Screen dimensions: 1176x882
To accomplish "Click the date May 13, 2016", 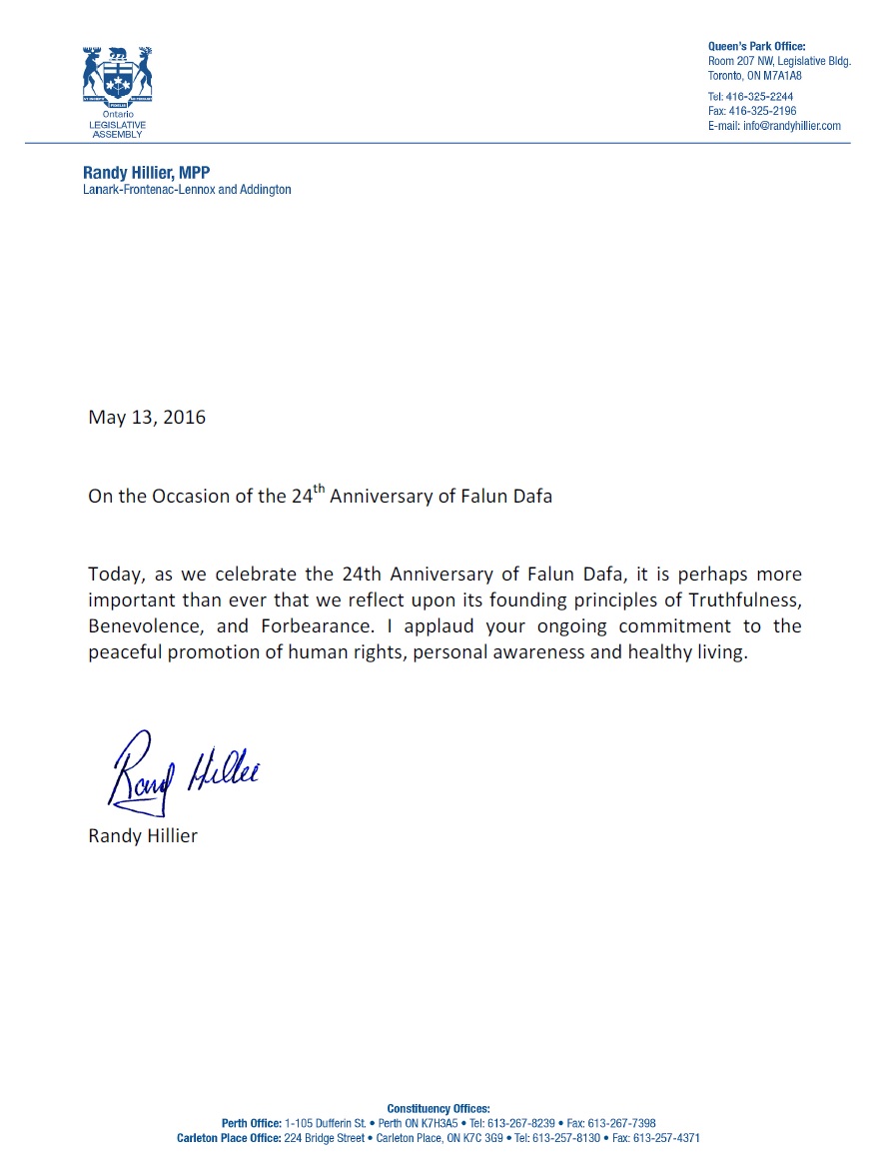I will (x=147, y=418).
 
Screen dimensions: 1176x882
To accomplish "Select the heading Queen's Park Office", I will (x=756, y=46).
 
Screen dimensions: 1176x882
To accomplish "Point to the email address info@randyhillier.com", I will (x=789, y=126).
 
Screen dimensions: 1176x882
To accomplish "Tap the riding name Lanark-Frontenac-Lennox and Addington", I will (x=187, y=190).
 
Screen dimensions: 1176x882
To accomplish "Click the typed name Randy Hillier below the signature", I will (x=143, y=836).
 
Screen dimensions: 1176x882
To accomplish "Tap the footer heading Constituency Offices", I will (x=439, y=1108).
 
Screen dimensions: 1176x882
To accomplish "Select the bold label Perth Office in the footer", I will (x=251, y=1123).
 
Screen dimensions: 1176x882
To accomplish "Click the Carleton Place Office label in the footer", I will (x=229, y=1138).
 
